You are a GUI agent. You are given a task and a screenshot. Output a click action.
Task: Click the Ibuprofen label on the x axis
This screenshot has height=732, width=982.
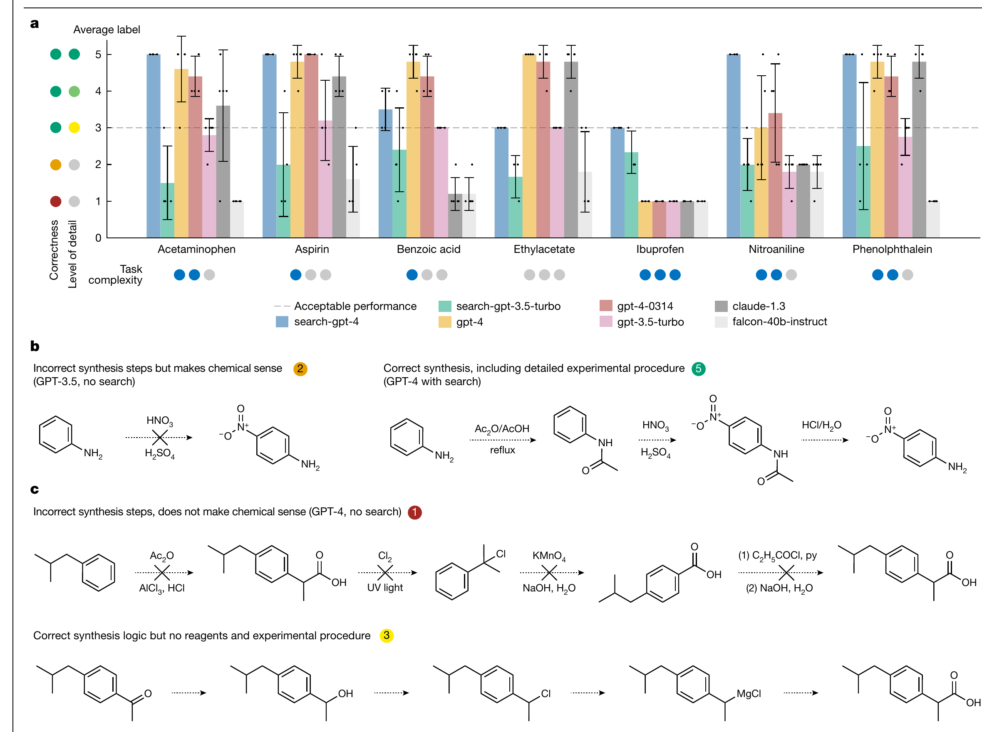660,249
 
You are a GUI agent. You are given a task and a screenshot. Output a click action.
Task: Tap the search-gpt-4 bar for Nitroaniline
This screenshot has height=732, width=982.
733,146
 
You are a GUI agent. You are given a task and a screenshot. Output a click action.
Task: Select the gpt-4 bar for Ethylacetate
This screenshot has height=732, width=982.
529,146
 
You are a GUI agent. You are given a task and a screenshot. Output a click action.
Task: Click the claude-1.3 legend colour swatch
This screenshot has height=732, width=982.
721,306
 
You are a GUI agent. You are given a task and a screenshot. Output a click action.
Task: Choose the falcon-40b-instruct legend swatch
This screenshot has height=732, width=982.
721,321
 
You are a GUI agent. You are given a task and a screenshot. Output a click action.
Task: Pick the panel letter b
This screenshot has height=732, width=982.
35,346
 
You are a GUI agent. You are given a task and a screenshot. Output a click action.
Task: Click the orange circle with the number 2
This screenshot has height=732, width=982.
300,368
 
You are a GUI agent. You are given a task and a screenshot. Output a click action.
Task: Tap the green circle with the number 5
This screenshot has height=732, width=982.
698,368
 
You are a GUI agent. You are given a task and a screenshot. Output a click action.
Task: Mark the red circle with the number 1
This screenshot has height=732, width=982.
414,512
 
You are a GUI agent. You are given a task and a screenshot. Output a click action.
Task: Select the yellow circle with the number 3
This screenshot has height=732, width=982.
387,636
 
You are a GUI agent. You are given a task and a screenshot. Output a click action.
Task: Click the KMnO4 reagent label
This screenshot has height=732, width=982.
549,556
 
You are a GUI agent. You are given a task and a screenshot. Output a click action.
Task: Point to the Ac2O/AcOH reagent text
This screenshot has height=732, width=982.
502,429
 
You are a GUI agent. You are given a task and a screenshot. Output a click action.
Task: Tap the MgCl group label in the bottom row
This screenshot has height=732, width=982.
749,693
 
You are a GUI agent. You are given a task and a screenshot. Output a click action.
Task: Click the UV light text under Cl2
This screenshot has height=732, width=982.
385,588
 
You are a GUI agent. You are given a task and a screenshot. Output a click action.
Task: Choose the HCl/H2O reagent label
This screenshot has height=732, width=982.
821,425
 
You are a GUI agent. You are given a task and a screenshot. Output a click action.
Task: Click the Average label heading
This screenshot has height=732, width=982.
107,30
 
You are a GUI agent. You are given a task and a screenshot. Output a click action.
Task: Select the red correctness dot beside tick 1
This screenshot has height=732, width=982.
55,201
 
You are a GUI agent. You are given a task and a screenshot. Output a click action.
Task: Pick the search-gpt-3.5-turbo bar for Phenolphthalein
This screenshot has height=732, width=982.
863,191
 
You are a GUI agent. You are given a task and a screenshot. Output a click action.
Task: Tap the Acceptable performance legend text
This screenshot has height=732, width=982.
355,306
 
